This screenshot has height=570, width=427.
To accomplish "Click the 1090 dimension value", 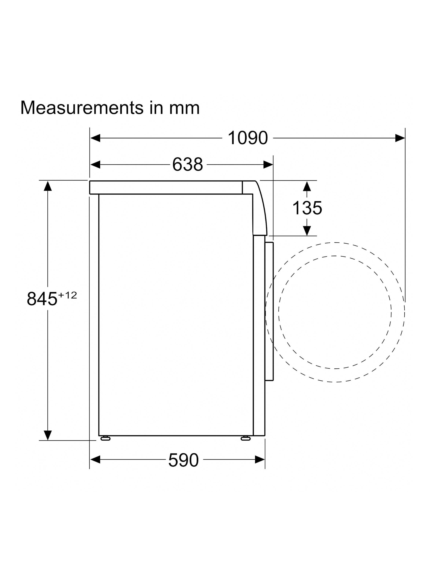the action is click(248, 138).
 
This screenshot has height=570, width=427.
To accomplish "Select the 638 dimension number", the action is click(188, 164).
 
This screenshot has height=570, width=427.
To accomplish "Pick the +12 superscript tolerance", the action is click(67, 295).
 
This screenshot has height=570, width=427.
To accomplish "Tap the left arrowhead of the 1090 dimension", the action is click(95, 138).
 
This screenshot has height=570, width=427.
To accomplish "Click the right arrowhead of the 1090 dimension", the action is click(400, 138).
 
